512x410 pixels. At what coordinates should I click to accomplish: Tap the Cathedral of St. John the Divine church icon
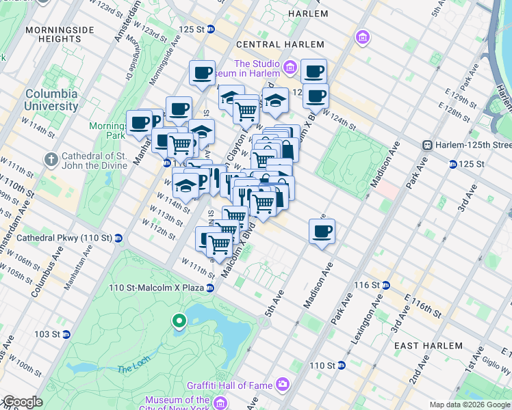(x=51, y=159)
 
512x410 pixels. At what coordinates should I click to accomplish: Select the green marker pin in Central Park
(x=179, y=320)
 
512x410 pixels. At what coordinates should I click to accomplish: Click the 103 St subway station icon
(x=66, y=335)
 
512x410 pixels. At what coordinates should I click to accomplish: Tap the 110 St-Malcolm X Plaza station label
(x=156, y=288)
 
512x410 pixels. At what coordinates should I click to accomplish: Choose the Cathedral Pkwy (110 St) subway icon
(x=119, y=238)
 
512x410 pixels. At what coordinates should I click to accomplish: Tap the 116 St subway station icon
(x=385, y=284)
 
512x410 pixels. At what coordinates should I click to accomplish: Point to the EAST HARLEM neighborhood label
(x=424, y=346)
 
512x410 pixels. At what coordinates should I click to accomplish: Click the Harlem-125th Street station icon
(x=427, y=145)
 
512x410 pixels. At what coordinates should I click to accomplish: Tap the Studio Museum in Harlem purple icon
(x=289, y=67)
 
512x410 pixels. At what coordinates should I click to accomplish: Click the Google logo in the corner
(x=22, y=402)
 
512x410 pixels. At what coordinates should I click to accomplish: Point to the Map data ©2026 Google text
(x=469, y=405)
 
